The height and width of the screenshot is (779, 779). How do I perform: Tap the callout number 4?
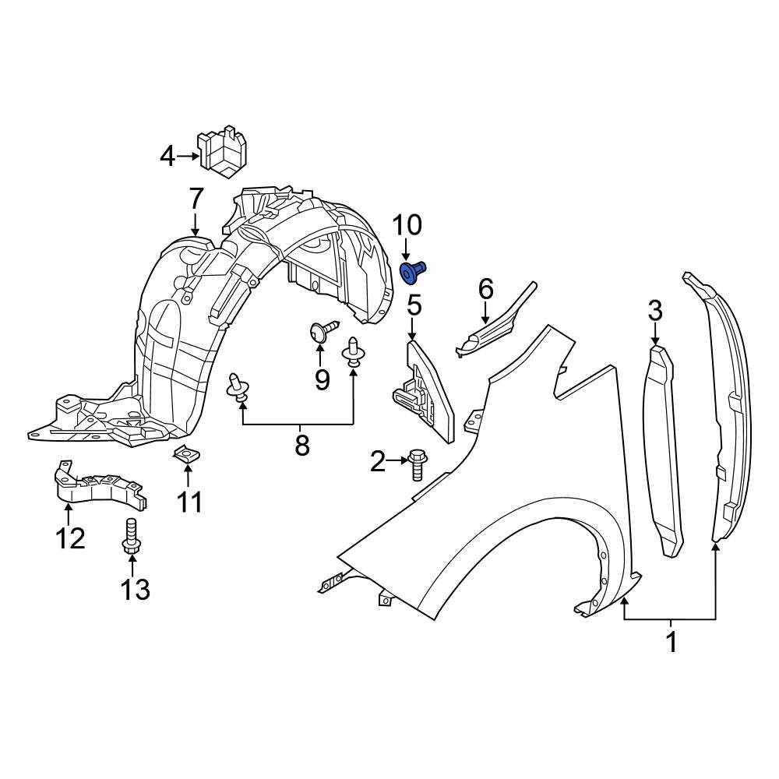click(167, 157)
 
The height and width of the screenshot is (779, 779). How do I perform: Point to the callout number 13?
click(135, 589)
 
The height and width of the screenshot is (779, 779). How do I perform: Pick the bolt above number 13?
click(131, 535)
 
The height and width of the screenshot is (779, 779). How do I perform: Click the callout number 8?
click(301, 446)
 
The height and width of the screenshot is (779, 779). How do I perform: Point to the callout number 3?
click(654, 312)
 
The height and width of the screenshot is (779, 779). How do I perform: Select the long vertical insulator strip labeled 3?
click(662, 452)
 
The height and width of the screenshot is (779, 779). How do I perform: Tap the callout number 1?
click(670, 643)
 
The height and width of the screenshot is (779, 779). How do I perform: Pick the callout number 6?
click(485, 289)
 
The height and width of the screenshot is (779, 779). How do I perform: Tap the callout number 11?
click(189, 502)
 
